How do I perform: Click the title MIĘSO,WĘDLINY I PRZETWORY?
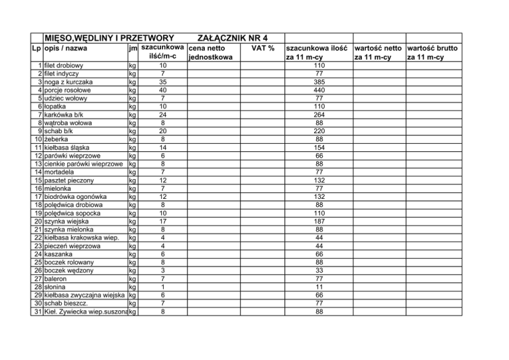tap(109, 38)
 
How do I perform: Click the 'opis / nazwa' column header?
tap(65, 48)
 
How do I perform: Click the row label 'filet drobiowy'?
tap(63, 66)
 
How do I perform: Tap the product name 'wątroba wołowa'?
tap(68, 123)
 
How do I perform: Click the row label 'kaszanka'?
tap(58, 253)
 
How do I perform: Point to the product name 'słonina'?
tap(57, 286)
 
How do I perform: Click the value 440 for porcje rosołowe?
tap(319, 90)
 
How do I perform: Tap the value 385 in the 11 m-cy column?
tap(319, 82)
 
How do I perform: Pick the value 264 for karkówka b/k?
tap(319, 115)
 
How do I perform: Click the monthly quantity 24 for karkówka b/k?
tap(162, 115)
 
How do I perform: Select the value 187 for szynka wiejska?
tap(319, 221)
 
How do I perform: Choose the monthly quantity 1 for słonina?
tap(162, 286)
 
